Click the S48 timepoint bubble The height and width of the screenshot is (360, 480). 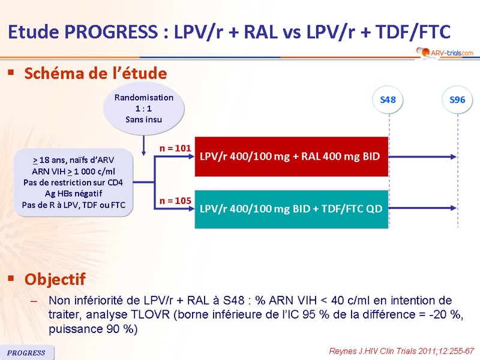[x=388, y=100]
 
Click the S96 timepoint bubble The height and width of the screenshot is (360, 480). [x=457, y=100]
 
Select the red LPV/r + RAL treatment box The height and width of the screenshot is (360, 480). [x=292, y=156]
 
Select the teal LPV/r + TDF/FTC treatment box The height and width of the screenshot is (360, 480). [x=292, y=208]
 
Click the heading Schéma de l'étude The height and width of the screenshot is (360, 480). [x=95, y=74]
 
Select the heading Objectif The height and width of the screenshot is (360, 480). [x=55, y=279]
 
